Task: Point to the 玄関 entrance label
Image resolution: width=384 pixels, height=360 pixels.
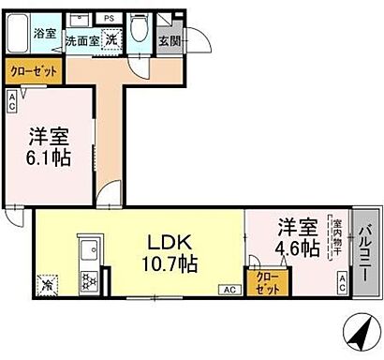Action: point(170,40)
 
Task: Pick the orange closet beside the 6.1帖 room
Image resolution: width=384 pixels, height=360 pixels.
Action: point(35,70)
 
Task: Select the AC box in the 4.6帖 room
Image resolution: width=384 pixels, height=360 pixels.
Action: point(342,281)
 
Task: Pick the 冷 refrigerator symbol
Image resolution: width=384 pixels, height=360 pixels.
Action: point(48,280)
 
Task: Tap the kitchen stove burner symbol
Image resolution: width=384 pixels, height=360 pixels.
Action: point(91,280)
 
